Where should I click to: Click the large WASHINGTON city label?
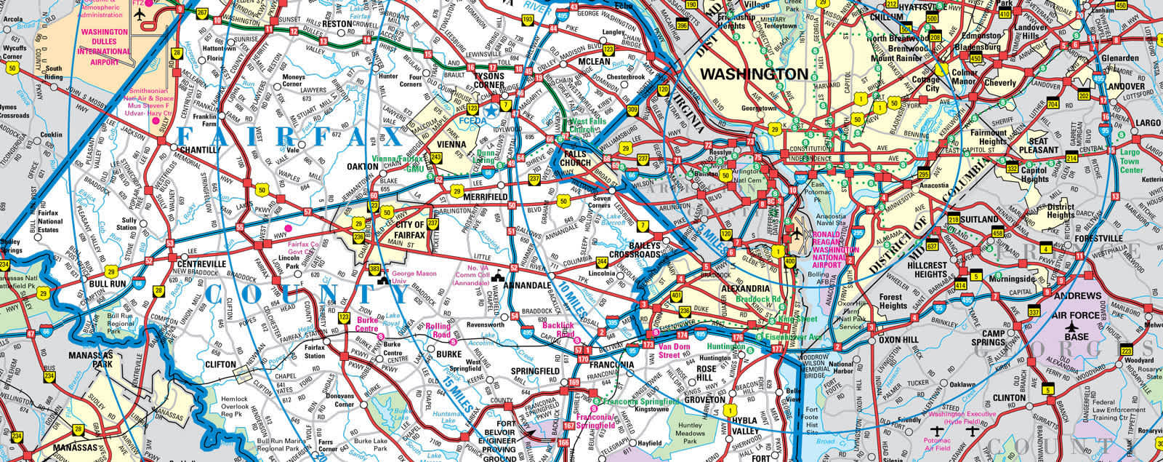(754, 73)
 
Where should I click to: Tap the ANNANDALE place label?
(526, 286)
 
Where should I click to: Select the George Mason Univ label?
(412, 275)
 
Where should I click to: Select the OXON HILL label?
(898, 339)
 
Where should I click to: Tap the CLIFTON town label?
(220, 364)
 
